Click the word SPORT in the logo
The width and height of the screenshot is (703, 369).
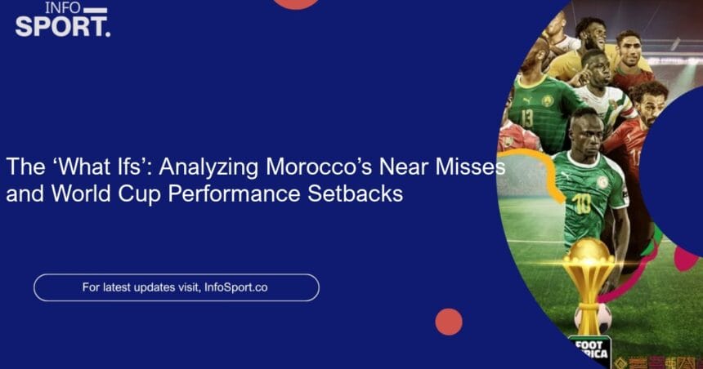(x=62, y=27)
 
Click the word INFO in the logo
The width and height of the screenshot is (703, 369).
(x=63, y=7)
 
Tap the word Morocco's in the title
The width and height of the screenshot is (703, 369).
(x=319, y=167)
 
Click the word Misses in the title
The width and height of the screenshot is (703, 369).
(x=470, y=167)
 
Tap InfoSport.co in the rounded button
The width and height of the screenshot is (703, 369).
(x=235, y=287)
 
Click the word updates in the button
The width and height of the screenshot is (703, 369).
(x=152, y=287)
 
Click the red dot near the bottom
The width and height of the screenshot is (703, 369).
(x=449, y=322)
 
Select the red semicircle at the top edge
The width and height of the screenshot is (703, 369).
(x=296, y=4)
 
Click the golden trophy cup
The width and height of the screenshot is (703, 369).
(x=589, y=273)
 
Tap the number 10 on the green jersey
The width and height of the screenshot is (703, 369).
(x=581, y=204)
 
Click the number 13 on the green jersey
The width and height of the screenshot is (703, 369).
(x=527, y=118)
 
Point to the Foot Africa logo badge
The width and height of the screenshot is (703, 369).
(x=590, y=351)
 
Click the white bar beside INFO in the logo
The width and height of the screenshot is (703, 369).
(x=96, y=11)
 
